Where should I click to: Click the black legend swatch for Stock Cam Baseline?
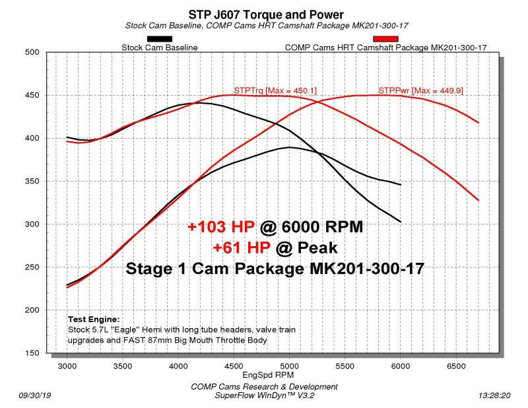(160, 39)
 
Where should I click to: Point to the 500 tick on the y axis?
(32, 52)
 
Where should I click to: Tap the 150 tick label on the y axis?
(32, 353)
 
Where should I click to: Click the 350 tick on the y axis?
(32, 182)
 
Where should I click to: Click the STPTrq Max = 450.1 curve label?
(275, 90)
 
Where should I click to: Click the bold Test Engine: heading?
(94, 319)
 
